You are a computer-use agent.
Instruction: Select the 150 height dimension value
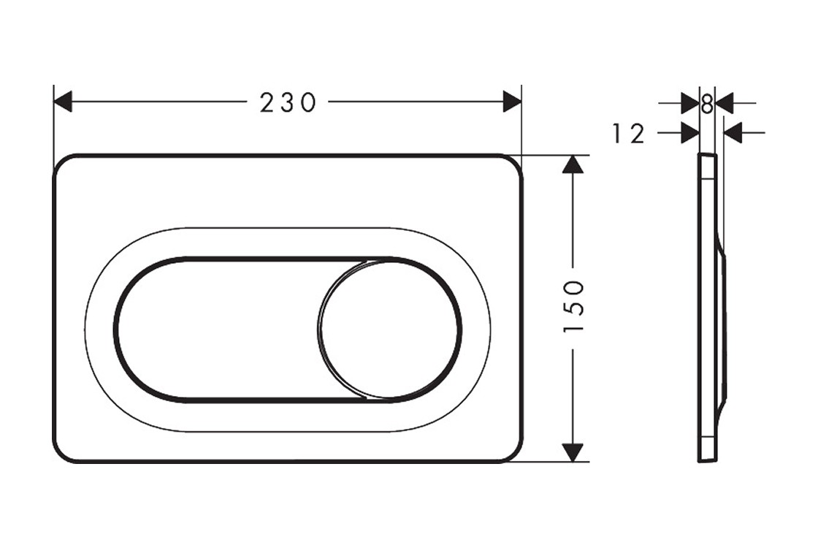click(574, 307)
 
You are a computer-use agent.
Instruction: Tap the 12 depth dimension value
click(628, 134)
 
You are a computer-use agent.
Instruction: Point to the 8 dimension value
click(706, 104)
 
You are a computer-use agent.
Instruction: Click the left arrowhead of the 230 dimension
click(63, 102)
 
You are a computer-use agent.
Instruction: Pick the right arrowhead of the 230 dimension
click(512, 102)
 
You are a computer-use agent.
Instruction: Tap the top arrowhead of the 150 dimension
click(573, 164)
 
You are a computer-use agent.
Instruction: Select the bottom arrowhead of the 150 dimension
click(573, 452)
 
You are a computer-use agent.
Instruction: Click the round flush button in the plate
click(389, 330)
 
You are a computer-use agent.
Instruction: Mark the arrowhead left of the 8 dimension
click(689, 104)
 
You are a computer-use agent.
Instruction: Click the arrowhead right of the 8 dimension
click(725, 104)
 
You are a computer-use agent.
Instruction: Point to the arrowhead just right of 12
click(689, 133)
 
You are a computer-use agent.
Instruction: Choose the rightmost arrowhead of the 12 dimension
click(733, 133)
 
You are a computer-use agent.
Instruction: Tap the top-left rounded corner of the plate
click(64, 165)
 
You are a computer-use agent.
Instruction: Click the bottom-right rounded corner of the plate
click(513, 452)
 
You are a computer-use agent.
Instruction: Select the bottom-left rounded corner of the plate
click(64, 452)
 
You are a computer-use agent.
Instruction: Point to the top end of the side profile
click(707, 156)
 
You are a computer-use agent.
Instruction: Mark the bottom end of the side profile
click(707, 459)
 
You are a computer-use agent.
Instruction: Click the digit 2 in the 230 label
click(267, 102)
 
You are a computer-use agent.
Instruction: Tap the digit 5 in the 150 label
click(574, 307)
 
